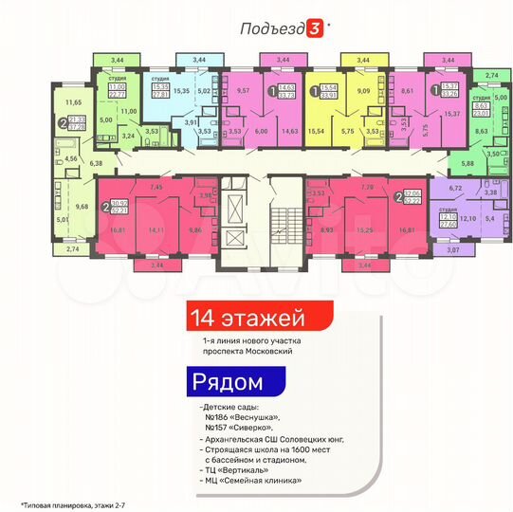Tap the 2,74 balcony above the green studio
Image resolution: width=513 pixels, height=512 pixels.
[x=490, y=73]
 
